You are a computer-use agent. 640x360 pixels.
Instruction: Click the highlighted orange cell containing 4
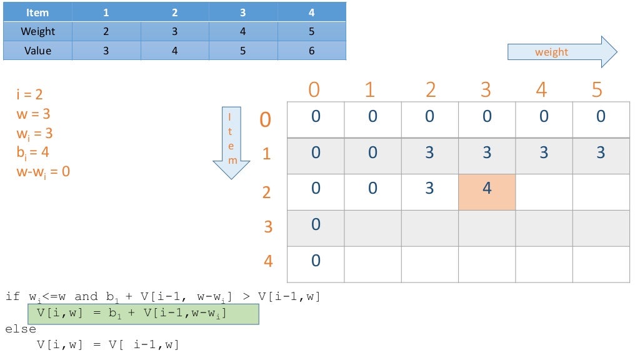click(x=487, y=192)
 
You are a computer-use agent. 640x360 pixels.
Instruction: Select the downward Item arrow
click(x=231, y=142)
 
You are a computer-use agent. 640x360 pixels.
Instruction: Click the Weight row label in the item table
click(x=37, y=31)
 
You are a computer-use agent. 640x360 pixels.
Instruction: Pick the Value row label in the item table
click(x=37, y=51)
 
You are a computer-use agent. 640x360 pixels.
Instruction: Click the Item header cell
click(x=37, y=12)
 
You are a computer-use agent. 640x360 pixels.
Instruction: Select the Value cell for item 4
click(x=311, y=51)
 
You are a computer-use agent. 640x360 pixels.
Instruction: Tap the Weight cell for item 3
click(x=243, y=31)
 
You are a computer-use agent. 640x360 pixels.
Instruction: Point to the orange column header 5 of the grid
click(x=597, y=90)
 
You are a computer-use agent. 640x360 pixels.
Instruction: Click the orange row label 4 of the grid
click(x=268, y=261)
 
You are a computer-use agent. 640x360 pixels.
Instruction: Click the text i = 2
click(x=30, y=95)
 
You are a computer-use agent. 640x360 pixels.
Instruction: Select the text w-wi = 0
click(x=43, y=171)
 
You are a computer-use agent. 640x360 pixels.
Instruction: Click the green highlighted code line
click(x=143, y=314)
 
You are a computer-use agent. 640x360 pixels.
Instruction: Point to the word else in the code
click(x=21, y=329)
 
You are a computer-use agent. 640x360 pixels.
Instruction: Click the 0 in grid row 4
click(x=316, y=261)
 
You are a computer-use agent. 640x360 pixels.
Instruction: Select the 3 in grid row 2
click(x=429, y=188)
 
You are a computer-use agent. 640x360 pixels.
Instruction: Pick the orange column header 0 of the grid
click(x=314, y=90)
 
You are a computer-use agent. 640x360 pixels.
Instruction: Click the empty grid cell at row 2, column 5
click(x=601, y=192)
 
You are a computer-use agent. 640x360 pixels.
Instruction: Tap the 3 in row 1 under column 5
click(x=601, y=152)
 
